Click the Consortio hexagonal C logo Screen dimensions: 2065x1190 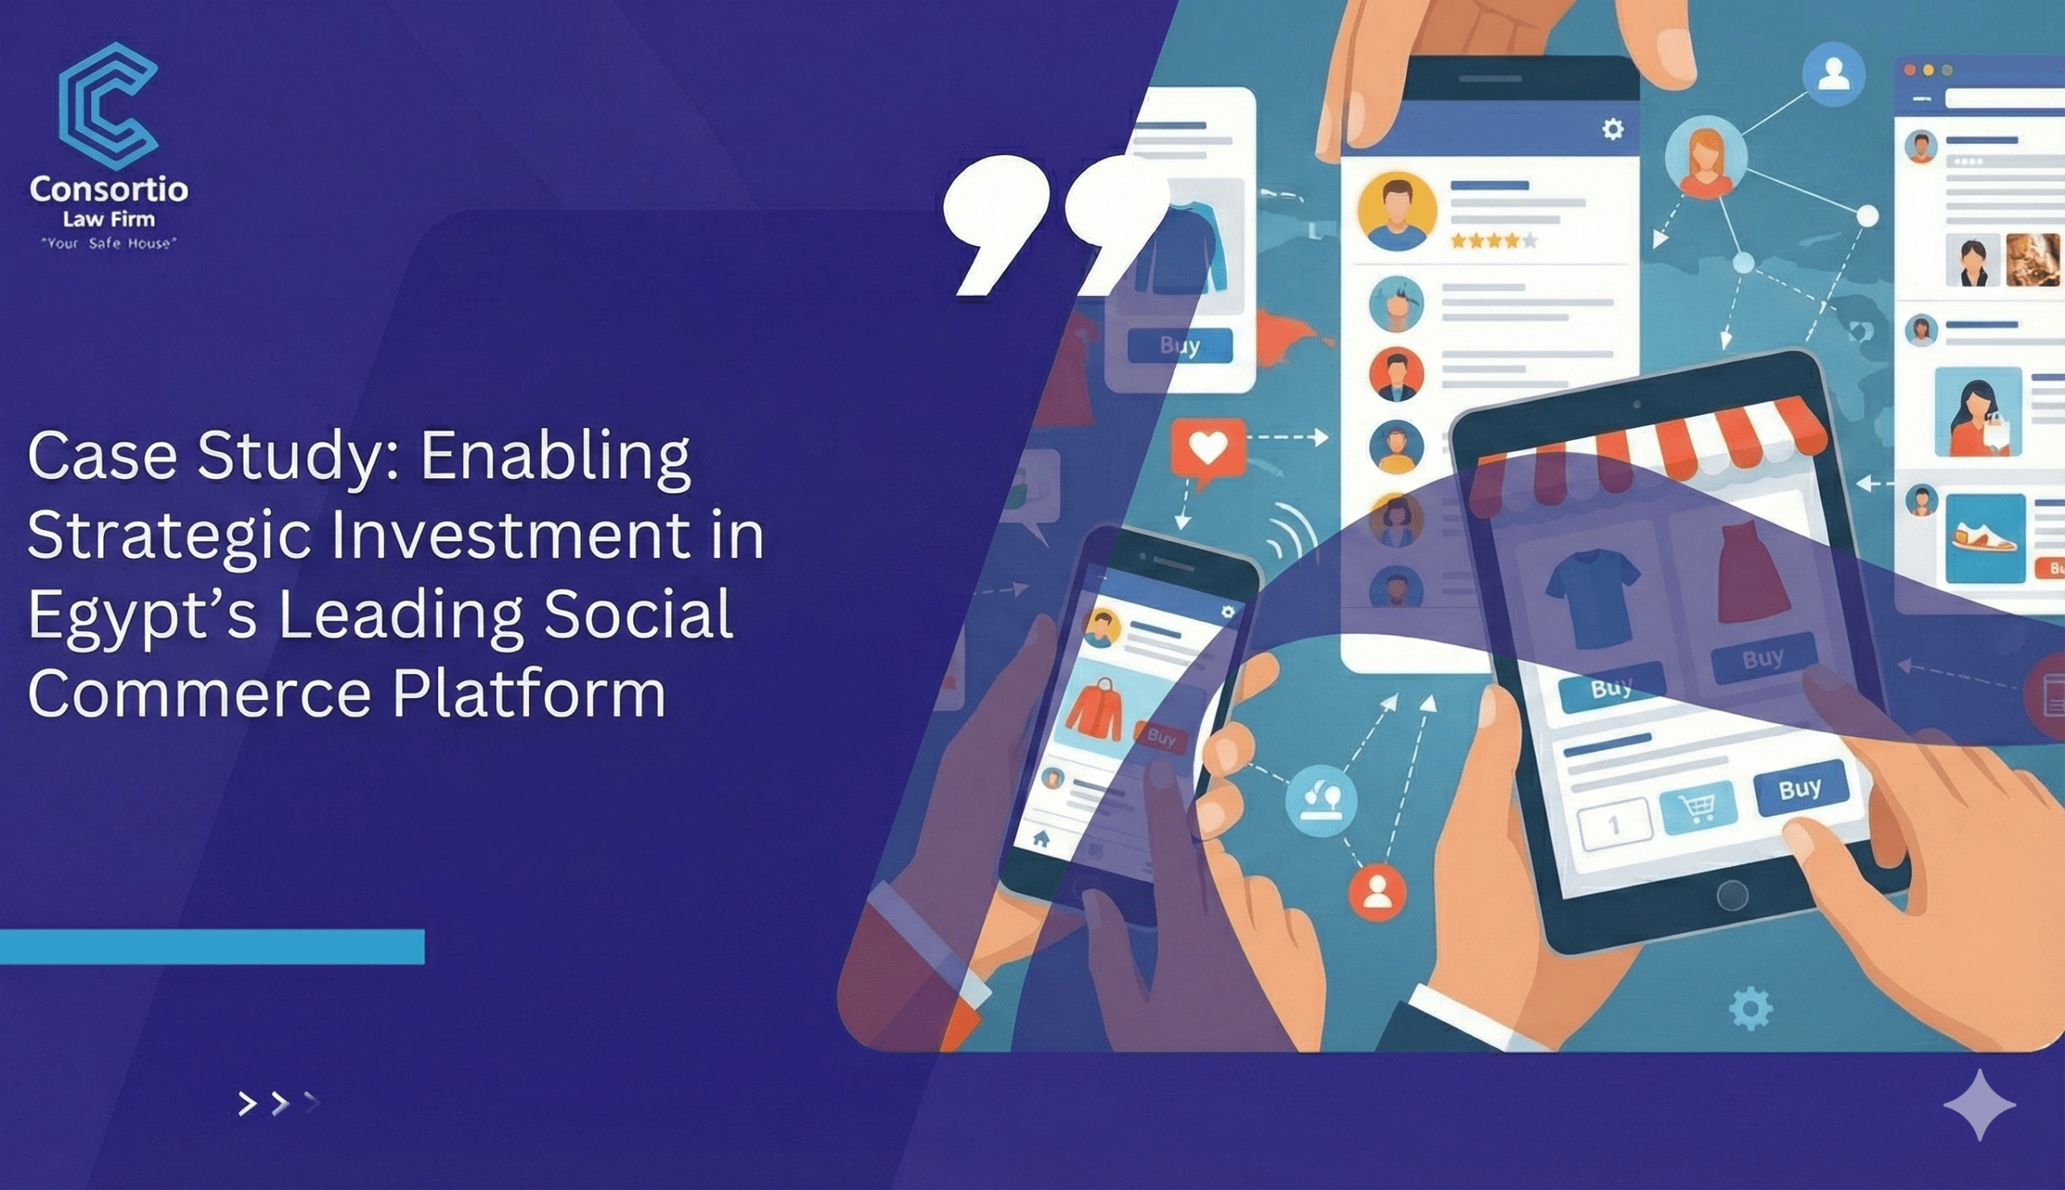(107, 106)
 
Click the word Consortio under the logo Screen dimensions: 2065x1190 (109, 189)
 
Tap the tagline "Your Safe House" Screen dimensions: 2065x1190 (109, 243)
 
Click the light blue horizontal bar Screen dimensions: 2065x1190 (211, 947)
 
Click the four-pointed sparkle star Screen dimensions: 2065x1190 (1979, 1105)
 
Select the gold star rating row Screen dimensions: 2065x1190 (1494, 240)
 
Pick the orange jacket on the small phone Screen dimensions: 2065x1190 (1095, 709)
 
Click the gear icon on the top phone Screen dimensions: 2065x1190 (1612, 129)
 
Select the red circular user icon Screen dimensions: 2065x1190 (1378, 892)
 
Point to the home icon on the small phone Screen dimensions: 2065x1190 (1041, 838)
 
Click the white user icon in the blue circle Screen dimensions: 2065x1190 (1833, 74)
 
